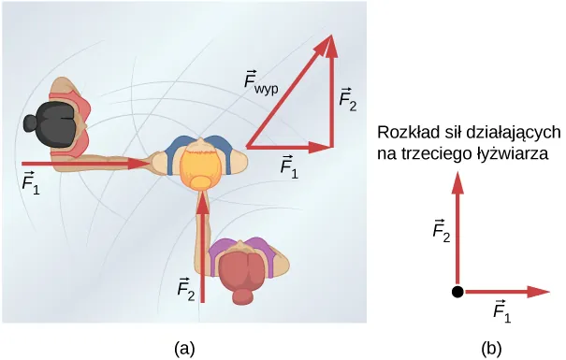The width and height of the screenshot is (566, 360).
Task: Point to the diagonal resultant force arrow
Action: (289, 93)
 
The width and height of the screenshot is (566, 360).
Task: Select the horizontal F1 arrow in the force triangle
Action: (290, 146)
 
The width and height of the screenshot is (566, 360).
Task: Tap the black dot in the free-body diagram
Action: (457, 293)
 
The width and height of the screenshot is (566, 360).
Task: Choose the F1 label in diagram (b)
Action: (501, 310)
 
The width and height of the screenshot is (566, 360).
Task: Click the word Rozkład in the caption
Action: (406, 132)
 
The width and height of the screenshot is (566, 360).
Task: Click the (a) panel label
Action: (184, 348)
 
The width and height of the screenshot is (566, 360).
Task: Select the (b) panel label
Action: (492, 348)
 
